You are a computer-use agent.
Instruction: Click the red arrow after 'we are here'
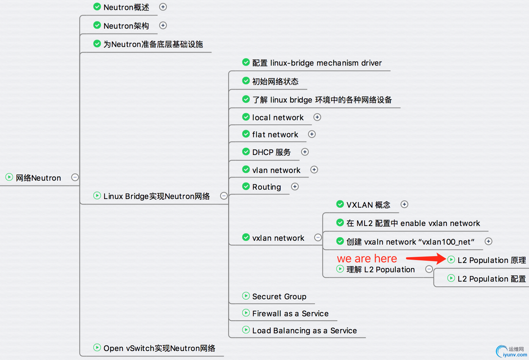(426, 258)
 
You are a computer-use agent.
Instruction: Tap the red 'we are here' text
(367, 259)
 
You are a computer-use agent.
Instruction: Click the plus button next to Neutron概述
(163, 7)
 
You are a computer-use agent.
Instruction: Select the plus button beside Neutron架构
(163, 25)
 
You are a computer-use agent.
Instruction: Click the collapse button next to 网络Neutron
(75, 177)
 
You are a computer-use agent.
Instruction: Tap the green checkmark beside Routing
(246, 186)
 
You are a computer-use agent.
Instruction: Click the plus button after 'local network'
(317, 117)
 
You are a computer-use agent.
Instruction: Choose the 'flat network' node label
(275, 135)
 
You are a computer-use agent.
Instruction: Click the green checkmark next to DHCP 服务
(246, 151)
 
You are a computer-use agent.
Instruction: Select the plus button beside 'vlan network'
(314, 169)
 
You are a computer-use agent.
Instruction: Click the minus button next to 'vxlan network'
(318, 237)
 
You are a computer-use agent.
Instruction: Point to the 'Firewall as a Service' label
(290, 314)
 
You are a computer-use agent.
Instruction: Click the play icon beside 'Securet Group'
(246, 296)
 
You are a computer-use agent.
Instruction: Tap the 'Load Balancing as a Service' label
(304, 331)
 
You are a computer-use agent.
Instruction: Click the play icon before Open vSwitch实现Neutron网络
(97, 347)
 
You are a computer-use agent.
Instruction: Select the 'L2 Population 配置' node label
(491, 279)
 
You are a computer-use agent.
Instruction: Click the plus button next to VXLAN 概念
(404, 204)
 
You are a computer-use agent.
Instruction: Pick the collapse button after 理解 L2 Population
(429, 269)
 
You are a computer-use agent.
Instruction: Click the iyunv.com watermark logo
(511, 352)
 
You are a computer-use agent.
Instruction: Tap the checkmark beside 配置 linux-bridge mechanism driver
(246, 62)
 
